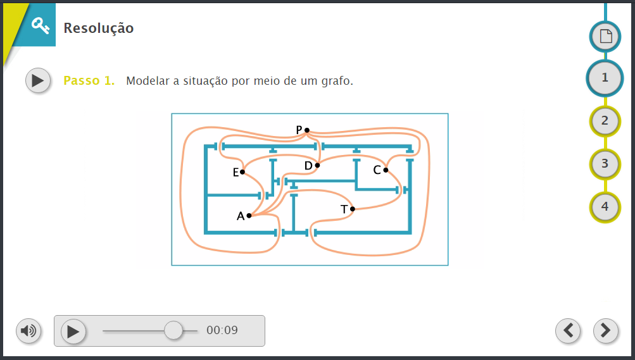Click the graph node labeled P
click(x=307, y=130)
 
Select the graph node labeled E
click(x=242, y=172)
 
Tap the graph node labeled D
click(x=318, y=165)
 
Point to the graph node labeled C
click(x=386, y=170)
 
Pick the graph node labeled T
click(x=353, y=209)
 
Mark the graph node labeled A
click(x=249, y=216)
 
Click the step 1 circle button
click(x=605, y=78)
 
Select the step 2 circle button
click(x=605, y=121)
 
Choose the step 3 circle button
click(x=605, y=164)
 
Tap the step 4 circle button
click(x=605, y=207)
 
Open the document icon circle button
click(x=605, y=37)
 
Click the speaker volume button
click(x=28, y=331)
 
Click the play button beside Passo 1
click(x=38, y=80)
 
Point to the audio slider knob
click(x=173, y=330)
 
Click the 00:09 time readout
click(x=222, y=330)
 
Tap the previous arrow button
click(x=568, y=330)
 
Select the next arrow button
click(x=606, y=330)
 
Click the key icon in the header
click(x=41, y=25)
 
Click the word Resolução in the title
click(x=98, y=28)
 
